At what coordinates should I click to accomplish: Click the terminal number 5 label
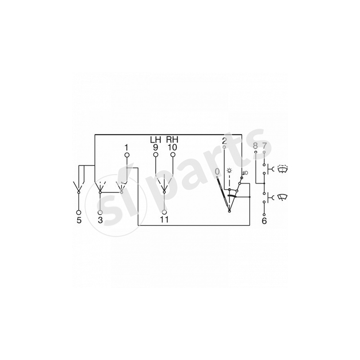[x=79, y=220]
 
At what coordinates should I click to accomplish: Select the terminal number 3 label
[x=100, y=220]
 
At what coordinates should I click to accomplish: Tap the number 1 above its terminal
[x=127, y=147]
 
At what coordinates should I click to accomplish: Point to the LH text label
[x=155, y=139]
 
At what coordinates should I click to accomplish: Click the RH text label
[x=172, y=139]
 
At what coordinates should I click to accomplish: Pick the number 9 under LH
[x=155, y=147]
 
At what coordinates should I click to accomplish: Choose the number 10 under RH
[x=172, y=147]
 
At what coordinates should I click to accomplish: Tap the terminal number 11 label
[x=164, y=220]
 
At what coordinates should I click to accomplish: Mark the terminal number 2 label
[x=224, y=142]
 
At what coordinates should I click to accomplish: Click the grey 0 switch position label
[x=217, y=172]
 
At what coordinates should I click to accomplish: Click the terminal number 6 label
[x=264, y=220]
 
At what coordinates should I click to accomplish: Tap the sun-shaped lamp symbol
[x=229, y=171]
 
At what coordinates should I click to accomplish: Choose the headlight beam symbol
[x=245, y=172]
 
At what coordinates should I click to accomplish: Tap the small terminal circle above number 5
[x=79, y=212]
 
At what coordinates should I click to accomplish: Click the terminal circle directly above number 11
[x=164, y=212]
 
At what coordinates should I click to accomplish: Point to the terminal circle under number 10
[x=172, y=155]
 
